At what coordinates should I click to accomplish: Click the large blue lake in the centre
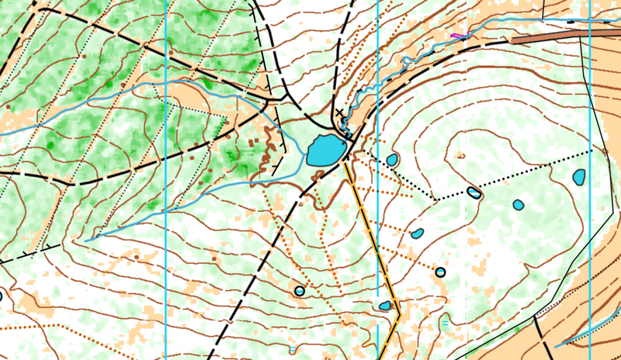[x=325, y=149]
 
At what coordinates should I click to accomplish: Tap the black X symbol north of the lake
[x=339, y=114]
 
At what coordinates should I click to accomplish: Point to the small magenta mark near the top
[x=458, y=35]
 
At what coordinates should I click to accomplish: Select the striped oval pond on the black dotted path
[x=474, y=192]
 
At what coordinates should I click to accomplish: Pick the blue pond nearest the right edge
[x=579, y=177]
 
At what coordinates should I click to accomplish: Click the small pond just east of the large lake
[x=392, y=160]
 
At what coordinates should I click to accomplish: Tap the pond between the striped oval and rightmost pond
[x=518, y=205]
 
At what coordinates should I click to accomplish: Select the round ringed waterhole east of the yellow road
[x=440, y=272]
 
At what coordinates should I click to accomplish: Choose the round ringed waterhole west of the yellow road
[x=300, y=291]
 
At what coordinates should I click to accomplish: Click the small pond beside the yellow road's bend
[x=385, y=306]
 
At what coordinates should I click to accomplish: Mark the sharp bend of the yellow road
[x=398, y=314]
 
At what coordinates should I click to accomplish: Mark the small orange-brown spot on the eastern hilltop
[x=461, y=156]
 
